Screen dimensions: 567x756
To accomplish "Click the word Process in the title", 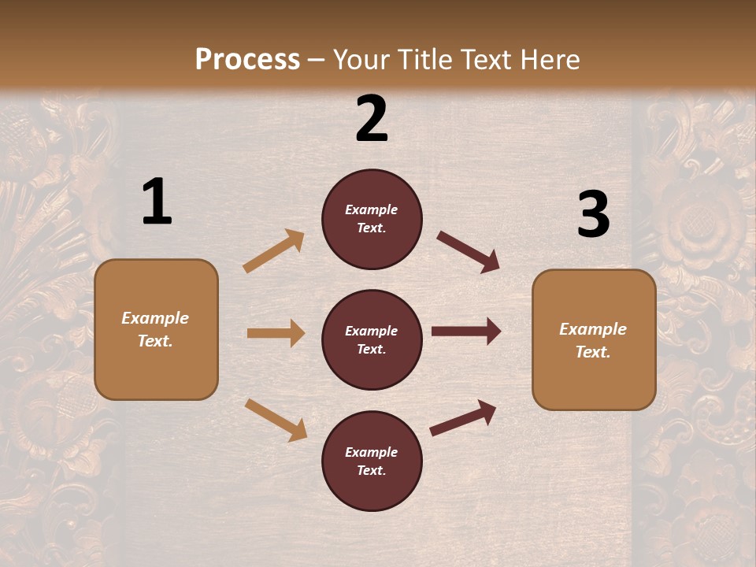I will (247, 59).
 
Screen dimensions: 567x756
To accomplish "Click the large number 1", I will (157, 202).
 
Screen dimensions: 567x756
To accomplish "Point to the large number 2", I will (372, 119).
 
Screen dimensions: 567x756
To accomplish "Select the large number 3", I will (593, 215).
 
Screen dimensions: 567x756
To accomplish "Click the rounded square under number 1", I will (156, 329).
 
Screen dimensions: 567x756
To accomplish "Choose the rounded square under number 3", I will (594, 340).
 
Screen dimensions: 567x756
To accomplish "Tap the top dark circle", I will (372, 219).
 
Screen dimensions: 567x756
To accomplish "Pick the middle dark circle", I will (372, 339).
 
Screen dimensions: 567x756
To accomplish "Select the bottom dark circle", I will (372, 461).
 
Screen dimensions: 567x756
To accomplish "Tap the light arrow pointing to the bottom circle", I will (276, 420).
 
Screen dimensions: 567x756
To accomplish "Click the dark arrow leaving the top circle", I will (469, 251).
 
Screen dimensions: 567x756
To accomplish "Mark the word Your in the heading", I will (361, 59).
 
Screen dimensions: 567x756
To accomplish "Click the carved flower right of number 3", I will (697, 224).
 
